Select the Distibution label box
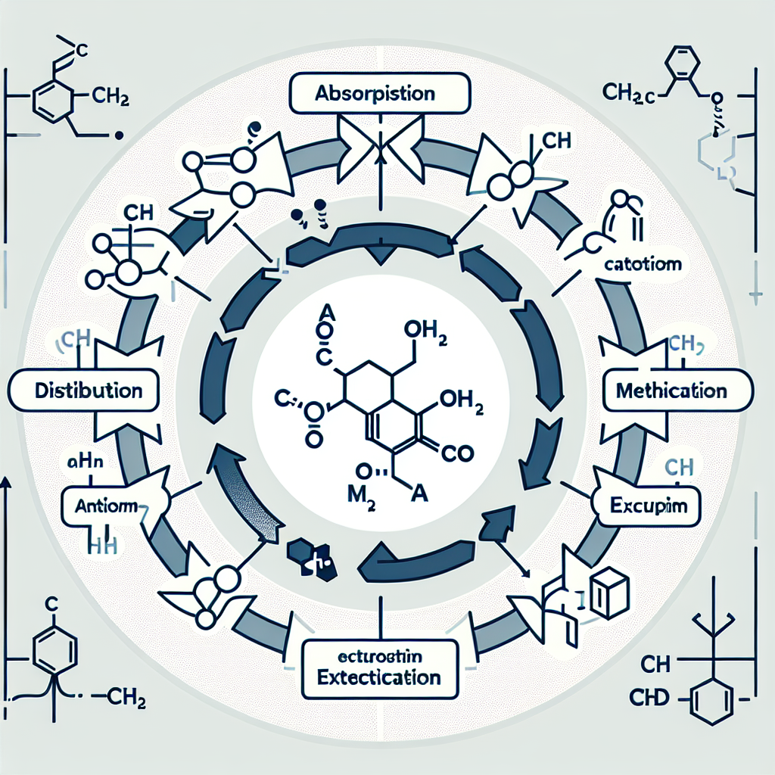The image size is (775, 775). pos(89,391)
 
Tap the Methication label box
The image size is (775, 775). pos(672,391)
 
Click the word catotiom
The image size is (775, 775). pos(644,266)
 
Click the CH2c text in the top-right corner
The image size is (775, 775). pos(629,93)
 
